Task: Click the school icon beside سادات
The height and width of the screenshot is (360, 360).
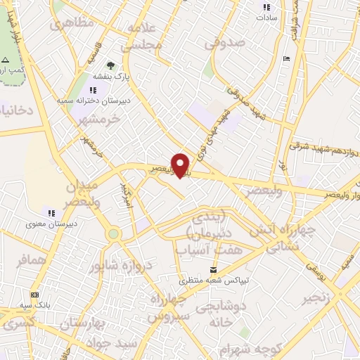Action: click(266, 8)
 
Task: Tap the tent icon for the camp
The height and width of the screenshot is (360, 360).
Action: click(6, 60)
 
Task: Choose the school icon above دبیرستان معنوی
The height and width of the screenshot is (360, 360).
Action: click(51, 212)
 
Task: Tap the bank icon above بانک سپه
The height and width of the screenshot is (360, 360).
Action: click(34, 295)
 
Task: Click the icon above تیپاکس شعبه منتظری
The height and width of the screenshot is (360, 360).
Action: click(214, 270)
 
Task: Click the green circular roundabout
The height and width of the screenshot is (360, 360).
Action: click(113, 234)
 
